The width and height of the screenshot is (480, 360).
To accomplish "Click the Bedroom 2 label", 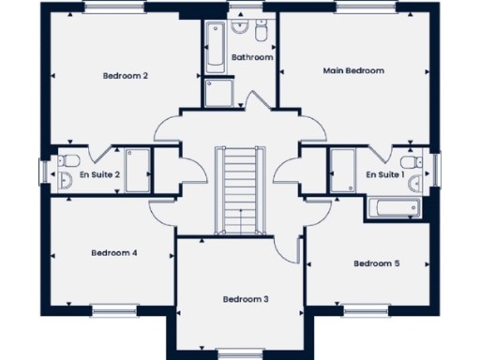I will pos(125,76).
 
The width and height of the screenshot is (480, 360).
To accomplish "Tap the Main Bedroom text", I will pos(353,70).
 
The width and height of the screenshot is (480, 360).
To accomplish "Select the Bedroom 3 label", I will pos(246,299).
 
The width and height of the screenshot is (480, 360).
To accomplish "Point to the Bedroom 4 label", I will pos(114,252).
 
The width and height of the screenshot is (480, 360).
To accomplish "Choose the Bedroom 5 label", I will pos(377,263).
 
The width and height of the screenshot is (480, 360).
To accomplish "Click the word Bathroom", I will pos(252,57).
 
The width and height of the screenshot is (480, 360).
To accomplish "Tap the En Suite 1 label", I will pos(384,174).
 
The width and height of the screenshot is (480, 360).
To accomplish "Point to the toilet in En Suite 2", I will pos(66,180).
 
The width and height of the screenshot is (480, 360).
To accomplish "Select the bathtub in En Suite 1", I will pos(393,208).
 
